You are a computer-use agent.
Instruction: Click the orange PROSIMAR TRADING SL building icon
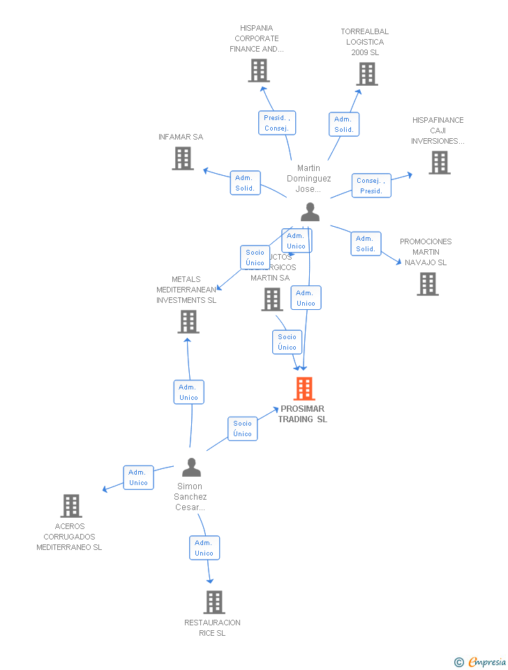click(304, 389)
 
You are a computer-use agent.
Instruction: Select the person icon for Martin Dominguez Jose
click(310, 212)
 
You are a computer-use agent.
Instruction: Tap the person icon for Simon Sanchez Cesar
click(191, 467)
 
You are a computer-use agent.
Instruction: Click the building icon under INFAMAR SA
click(183, 158)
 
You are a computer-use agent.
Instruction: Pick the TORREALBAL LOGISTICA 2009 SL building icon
click(367, 74)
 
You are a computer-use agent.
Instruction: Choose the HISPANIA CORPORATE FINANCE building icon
click(259, 70)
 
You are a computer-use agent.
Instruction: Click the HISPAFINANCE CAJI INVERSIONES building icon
click(439, 163)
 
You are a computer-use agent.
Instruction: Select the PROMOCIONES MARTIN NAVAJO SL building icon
click(428, 284)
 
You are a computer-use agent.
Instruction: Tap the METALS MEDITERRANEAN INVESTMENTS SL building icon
click(188, 322)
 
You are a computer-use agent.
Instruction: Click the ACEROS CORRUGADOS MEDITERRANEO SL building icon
click(71, 506)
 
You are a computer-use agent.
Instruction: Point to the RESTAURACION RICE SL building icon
click(214, 602)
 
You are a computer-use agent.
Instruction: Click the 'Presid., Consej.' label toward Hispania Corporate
click(277, 123)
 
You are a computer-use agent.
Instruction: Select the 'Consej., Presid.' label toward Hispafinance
click(371, 186)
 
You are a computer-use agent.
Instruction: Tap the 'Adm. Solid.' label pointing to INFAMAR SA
click(246, 183)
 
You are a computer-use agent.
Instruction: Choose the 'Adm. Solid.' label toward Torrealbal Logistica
click(344, 124)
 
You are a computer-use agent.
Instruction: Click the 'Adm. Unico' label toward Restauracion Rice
click(204, 548)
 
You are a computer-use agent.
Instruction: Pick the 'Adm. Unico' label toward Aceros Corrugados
click(139, 477)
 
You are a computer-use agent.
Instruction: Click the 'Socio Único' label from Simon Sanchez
click(243, 429)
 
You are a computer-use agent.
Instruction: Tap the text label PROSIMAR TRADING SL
click(303, 414)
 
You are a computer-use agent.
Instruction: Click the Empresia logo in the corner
click(481, 662)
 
